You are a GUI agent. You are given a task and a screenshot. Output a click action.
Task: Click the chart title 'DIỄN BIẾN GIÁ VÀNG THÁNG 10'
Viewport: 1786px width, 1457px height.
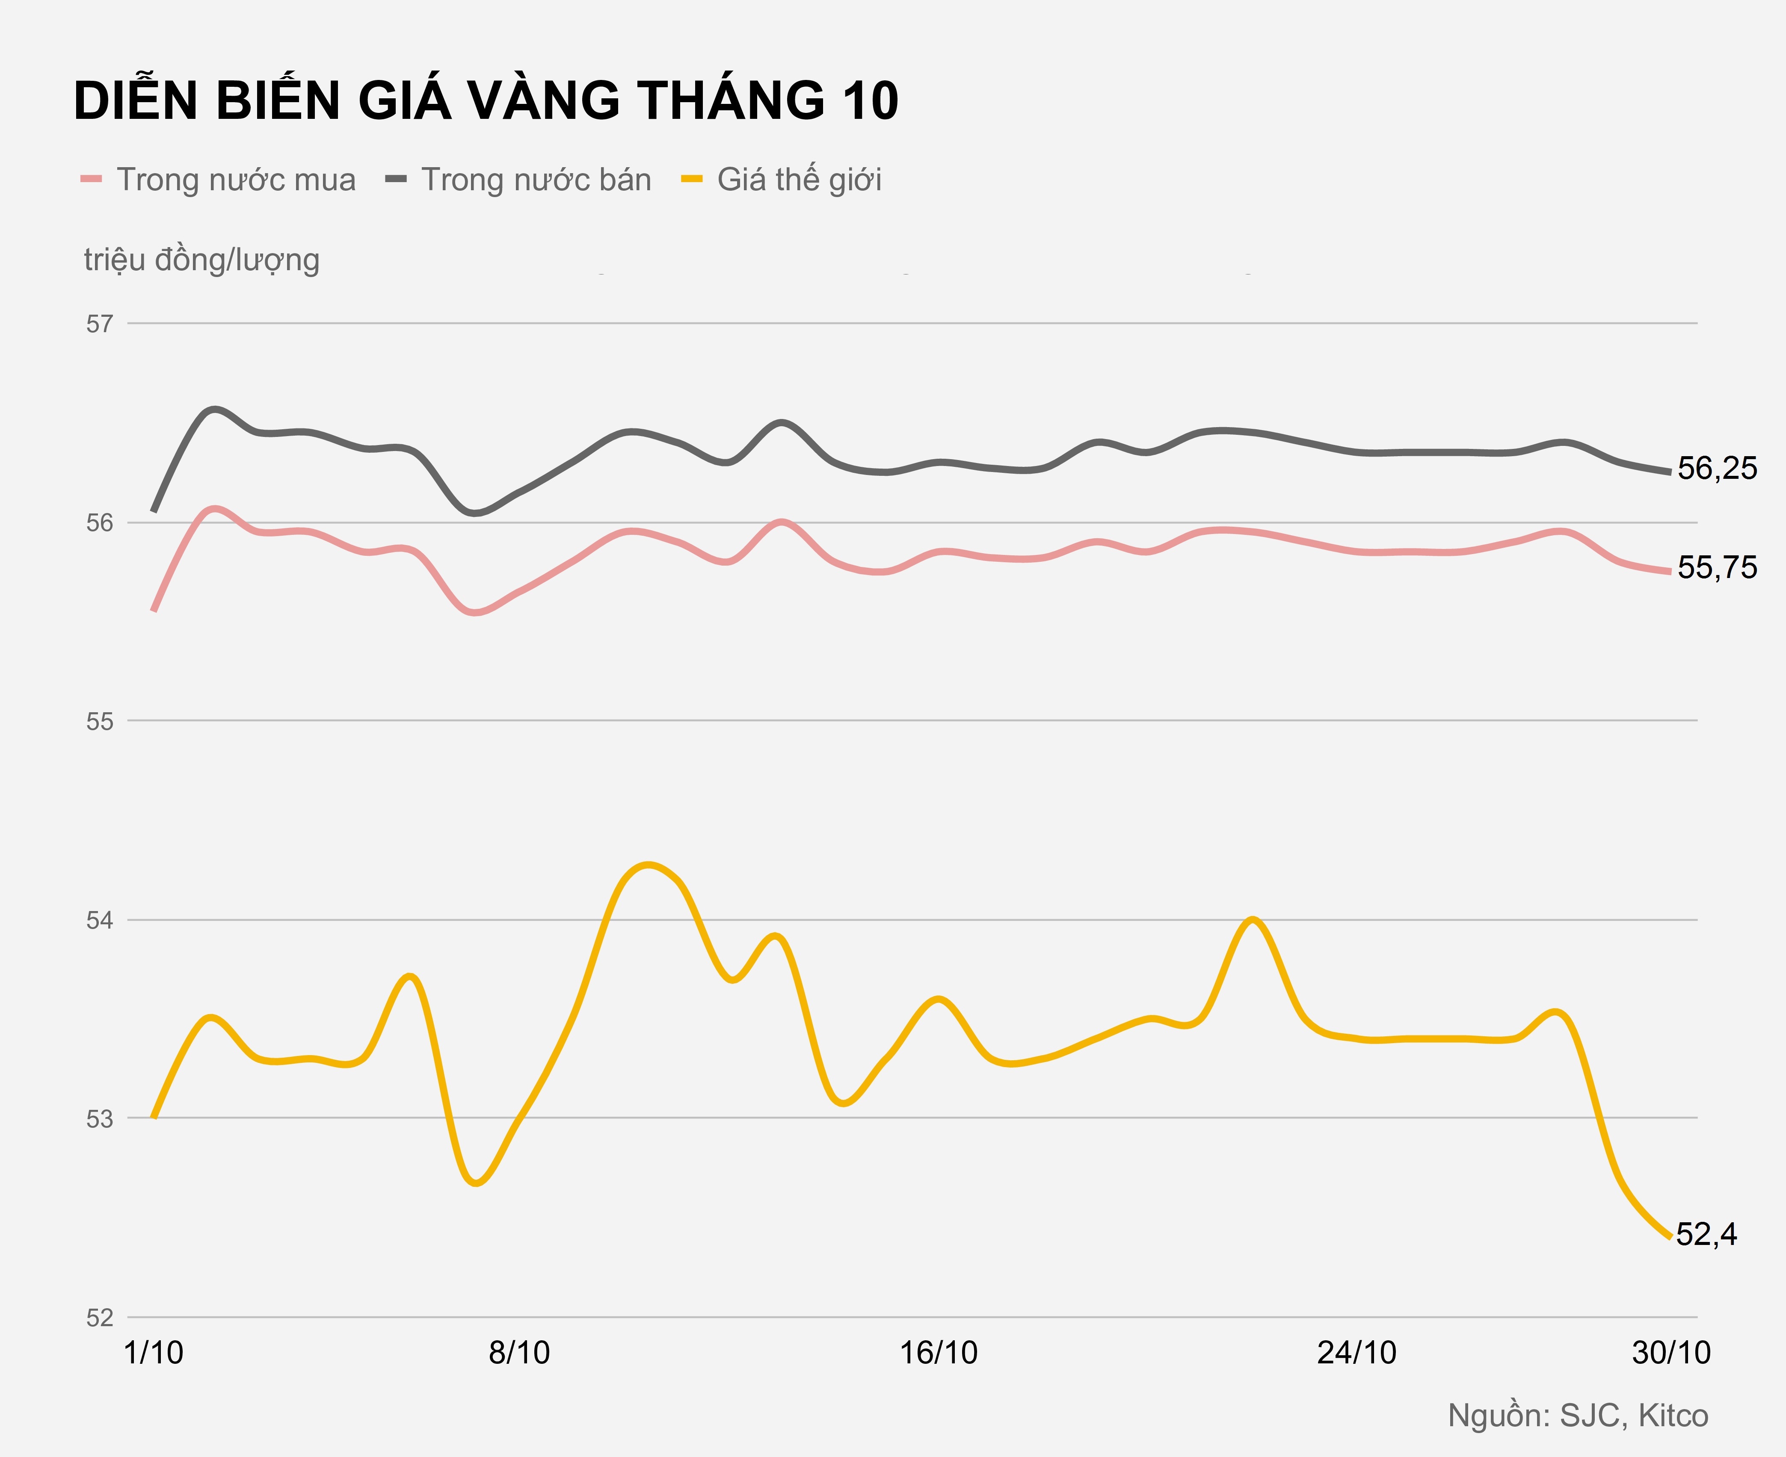tap(486, 102)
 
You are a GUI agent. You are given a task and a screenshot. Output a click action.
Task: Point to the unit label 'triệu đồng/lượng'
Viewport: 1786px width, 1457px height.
tap(201, 260)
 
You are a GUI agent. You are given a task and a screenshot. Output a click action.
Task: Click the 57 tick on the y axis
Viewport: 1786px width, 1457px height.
tap(99, 324)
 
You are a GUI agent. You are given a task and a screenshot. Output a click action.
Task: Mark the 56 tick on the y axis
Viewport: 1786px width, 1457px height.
tap(99, 523)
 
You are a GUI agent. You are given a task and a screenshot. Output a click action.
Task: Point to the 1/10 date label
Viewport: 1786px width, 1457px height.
tap(154, 1353)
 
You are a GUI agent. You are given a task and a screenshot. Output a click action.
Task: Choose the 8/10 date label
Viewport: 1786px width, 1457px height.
tap(520, 1353)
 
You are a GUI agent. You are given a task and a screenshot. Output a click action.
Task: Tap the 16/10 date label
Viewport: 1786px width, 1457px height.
tap(939, 1353)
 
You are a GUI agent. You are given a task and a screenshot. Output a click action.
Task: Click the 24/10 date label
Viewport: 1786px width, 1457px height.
tap(1357, 1353)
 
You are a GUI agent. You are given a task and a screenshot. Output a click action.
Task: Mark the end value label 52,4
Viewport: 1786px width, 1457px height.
tap(1707, 1234)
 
